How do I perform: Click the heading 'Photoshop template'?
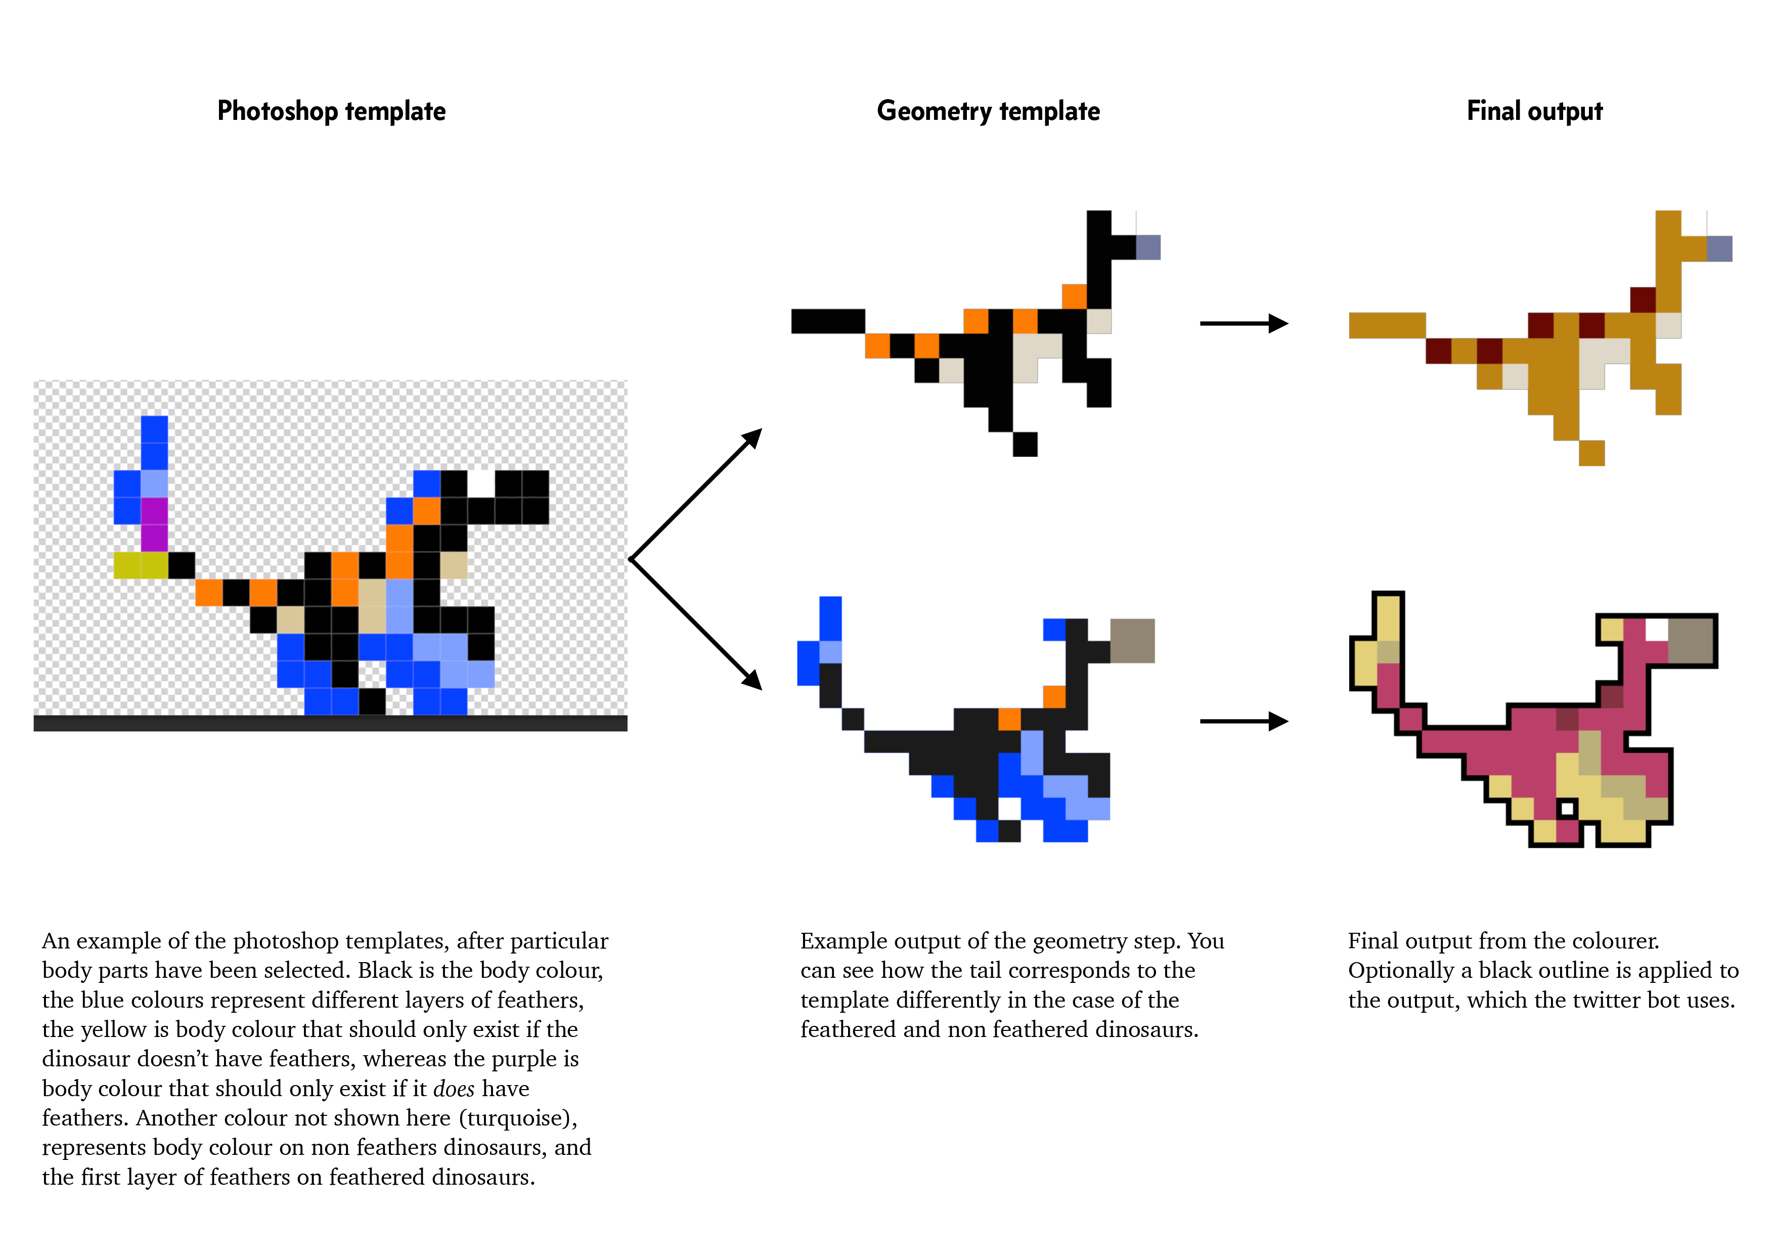click(331, 111)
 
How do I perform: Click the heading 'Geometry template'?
click(988, 111)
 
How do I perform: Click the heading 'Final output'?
click(1534, 111)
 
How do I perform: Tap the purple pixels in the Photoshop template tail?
click(155, 525)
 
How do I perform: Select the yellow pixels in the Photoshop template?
click(141, 565)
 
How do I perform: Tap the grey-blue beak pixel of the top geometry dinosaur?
click(1147, 247)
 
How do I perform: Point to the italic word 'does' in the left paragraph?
click(454, 1089)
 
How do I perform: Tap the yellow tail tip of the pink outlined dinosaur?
click(1388, 618)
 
